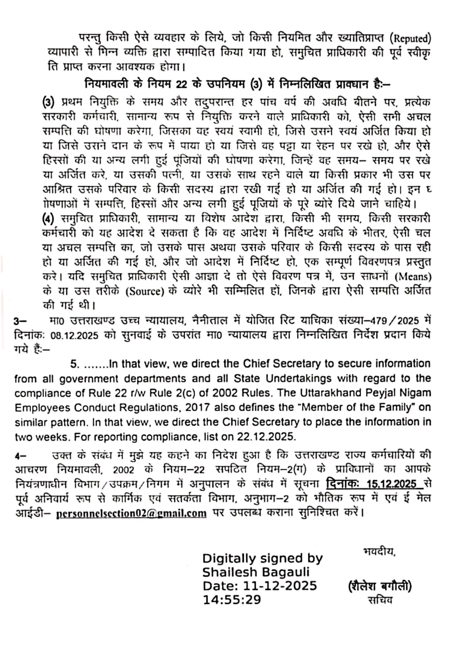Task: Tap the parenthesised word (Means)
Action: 413,277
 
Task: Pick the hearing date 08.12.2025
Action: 75,335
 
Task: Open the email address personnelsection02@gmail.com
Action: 131,513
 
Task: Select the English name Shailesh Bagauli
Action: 256,572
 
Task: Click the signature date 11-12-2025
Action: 280,586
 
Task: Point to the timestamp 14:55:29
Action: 232,600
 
